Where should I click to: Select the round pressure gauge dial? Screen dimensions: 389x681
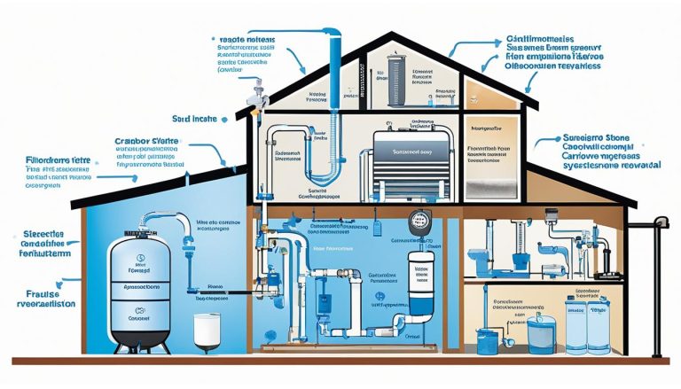[417, 223]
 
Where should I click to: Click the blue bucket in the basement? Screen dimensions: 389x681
[489, 340]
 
